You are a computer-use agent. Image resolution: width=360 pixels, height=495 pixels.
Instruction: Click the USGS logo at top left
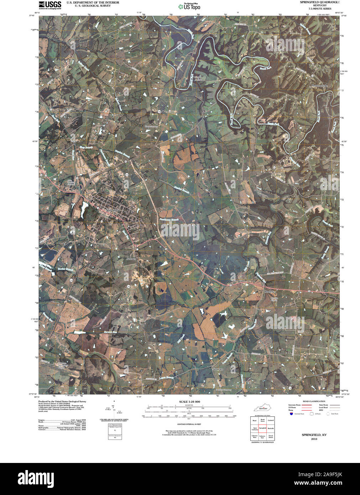pyautogui.click(x=50, y=5)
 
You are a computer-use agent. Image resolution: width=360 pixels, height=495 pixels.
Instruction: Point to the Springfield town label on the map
pyautogui.click(x=113, y=210)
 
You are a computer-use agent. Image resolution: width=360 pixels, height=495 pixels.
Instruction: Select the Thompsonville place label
pyautogui.click(x=319, y=86)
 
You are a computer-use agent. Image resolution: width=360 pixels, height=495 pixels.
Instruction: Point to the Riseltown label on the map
pyautogui.click(x=270, y=292)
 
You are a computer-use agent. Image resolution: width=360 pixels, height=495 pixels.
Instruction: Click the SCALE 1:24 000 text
pyautogui.click(x=189, y=402)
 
